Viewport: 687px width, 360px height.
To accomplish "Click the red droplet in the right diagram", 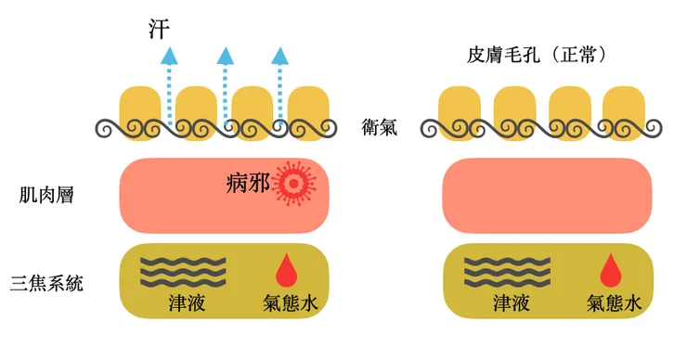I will pos(610,270).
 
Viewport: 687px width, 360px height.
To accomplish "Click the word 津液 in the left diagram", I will pos(182,303).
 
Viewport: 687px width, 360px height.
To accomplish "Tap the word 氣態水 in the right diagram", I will pos(614,303).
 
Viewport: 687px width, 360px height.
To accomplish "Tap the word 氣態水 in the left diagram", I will pos(291,303).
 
